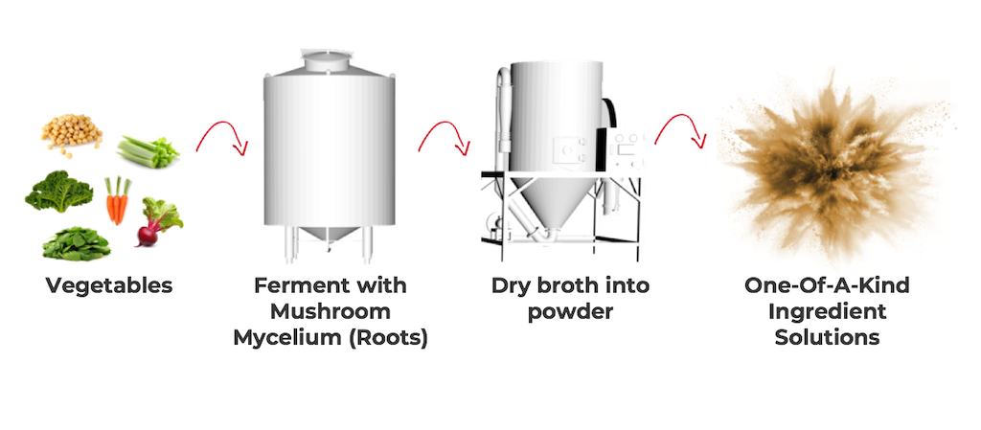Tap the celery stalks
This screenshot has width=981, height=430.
coord(148,152)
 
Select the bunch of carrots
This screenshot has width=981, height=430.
coord(117,200)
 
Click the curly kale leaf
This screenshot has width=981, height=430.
coord(58,192)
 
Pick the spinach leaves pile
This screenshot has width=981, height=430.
coord(77,244)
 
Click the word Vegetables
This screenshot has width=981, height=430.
coord(109,285)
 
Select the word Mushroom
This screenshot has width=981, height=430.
coord(331,311)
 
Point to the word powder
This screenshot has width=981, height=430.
coord(569,312)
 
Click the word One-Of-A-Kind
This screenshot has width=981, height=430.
coord(827,285)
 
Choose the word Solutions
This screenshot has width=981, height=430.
coord(827,337)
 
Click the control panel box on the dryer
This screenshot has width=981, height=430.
coord(628,149)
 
